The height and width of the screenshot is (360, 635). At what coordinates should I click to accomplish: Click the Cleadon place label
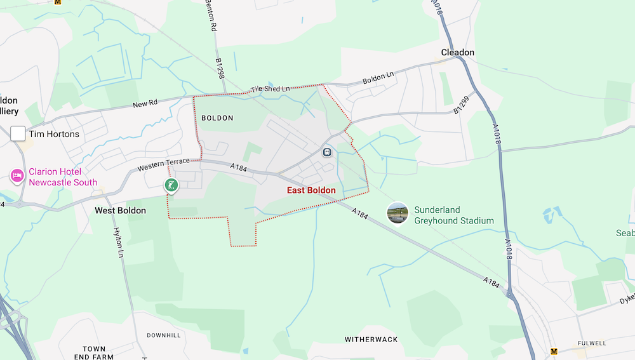458,53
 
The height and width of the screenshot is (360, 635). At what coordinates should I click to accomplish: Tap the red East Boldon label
311,190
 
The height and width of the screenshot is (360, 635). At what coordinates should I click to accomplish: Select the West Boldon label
120,210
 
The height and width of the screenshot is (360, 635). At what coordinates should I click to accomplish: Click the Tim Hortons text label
54,134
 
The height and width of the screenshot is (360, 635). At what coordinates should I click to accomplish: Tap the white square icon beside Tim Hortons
18,133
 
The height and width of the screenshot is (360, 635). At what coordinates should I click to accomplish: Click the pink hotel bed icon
17,175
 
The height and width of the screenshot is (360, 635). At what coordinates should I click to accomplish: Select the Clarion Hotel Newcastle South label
63,177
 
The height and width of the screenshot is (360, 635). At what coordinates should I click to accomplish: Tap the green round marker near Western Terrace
171,185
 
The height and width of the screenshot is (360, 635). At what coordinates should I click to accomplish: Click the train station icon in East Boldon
327,152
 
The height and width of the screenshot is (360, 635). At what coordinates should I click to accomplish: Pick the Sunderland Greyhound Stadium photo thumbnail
398,213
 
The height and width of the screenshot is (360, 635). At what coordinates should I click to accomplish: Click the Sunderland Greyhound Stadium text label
454,215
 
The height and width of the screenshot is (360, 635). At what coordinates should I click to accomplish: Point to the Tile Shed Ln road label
269,90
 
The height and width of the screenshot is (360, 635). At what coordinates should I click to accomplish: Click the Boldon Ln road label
378,79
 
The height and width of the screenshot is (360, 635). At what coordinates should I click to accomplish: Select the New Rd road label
145,104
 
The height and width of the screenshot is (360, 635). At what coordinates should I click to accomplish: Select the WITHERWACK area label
371,340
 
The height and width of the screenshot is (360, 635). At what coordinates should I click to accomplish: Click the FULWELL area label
592,343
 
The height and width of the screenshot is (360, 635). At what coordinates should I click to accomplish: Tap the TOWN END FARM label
94,353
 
